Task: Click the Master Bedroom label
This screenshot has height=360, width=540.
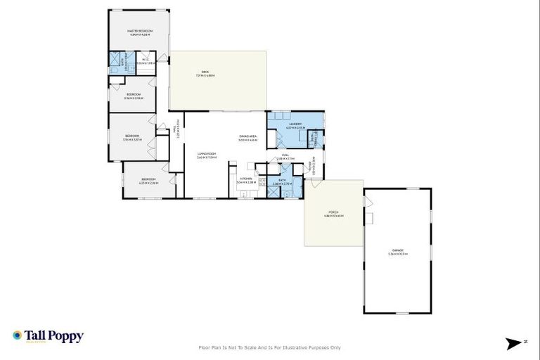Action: pyautogui.click(x=140, y=32)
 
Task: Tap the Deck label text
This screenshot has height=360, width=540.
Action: pyautogui.click(x=205, y=72)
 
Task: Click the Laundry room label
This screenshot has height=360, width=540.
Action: pyautogui.click(x=295, y=124)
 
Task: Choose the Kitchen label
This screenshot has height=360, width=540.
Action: pyautogui.click(x=246, y=180)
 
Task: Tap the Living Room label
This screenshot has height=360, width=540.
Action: pyautogui.click(x=207, y=155)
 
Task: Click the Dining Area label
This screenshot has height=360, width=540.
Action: pyautogui.click(x=247, y=138)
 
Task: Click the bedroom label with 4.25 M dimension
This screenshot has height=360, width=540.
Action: pyautogui.click(x=148, y=180)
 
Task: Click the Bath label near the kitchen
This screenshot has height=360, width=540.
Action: pyautogui.click(x=281, y=181)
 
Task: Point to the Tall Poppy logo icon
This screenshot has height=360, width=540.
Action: pyautogui.click(x=17, y=336)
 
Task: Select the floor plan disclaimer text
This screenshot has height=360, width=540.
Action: pyautogui.click(x=270, y=347)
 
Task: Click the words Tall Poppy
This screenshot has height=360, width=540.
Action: pyautogui.click(x=54, y=335)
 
